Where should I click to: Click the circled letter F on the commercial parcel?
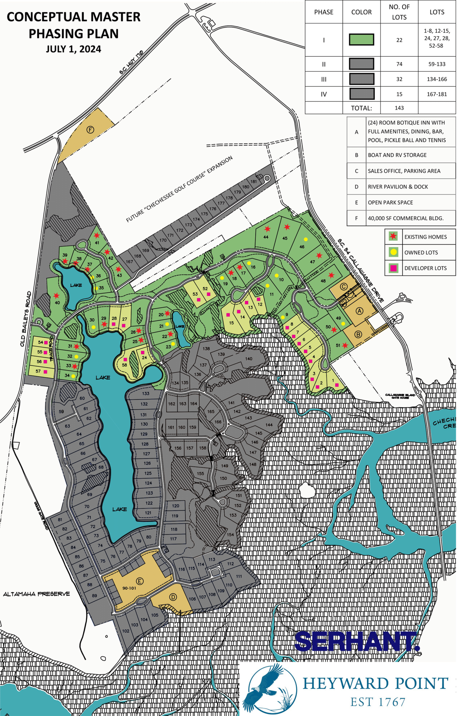(x=90, y=130)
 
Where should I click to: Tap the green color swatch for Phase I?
(x=361, y=40)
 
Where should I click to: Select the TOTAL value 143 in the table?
(x=399, y=108)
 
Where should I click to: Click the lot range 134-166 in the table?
(x=437, y=79)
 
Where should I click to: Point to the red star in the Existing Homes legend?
(x=393, y=237)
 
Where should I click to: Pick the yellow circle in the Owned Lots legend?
(x=393, y=252)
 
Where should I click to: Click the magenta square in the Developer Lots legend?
(x=393, y=268)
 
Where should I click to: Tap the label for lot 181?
(x=254, y=181)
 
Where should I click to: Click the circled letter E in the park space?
(x=140, y=581)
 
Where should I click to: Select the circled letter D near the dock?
(x=173, y=597)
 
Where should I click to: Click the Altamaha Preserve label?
(x=36, y=594)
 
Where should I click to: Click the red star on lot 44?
(x=267, y=229)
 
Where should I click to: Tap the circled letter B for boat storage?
(x=358, y=334)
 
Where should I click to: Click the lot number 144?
(x=269, y=425)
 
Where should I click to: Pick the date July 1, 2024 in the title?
(x=73, y=49)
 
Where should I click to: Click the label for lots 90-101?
(x=129, y=588)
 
